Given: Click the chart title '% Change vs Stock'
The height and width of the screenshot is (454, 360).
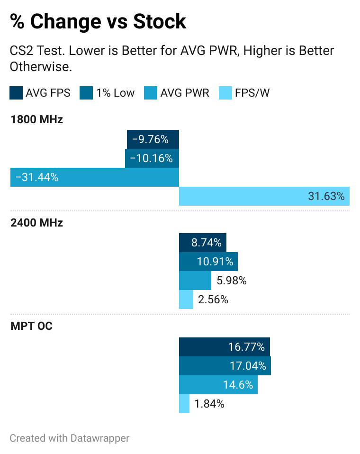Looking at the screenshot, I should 98,22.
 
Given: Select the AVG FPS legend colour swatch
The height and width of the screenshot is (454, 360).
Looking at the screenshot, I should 16,93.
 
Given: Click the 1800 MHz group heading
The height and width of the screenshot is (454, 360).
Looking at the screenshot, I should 36,119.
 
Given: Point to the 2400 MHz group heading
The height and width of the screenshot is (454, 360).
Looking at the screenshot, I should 36,223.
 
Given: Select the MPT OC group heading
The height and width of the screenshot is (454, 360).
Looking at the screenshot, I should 31,326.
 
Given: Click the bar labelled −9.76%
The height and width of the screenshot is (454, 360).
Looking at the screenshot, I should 153,139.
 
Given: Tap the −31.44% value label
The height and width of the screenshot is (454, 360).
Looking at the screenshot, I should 37,177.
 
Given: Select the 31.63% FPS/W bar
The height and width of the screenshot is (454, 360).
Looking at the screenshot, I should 264,196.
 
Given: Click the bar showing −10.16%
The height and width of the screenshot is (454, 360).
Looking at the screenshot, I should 152,158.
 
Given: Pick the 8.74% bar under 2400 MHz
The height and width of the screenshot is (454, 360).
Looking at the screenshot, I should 203,243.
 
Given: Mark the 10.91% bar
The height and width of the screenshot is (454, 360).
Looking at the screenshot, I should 208,262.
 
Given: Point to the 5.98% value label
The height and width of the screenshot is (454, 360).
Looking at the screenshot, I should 232,281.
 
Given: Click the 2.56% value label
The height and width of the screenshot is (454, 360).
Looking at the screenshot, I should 213,300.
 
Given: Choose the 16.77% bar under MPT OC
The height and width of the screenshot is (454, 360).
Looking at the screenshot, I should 225,347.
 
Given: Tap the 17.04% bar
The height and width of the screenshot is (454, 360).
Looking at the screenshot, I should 225,366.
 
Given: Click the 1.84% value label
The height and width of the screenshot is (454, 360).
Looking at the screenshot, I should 209,404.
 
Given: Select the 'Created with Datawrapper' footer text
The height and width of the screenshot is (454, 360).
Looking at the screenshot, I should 70,438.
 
